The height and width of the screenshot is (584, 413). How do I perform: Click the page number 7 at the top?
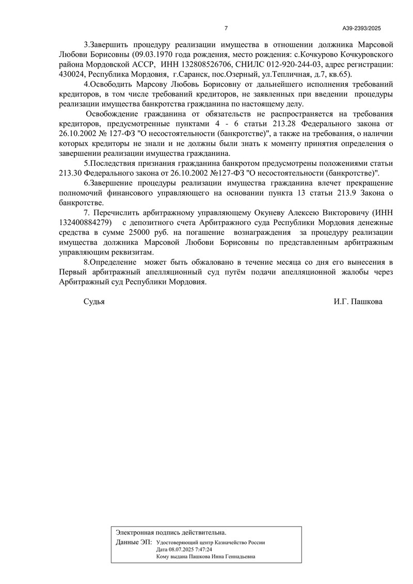pyautogui.click(x=226, y=28)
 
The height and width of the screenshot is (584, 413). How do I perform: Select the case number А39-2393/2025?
pyautogui.click(x=361, y=28)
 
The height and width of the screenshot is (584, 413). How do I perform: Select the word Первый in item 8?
pyautogui.click(x=72, y=273)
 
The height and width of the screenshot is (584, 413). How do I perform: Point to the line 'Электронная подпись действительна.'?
pyautogui.click(x=171, y=532)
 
